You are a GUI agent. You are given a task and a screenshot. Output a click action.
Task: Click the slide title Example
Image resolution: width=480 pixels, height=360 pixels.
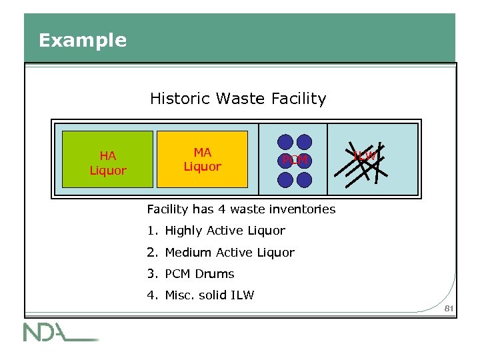82,41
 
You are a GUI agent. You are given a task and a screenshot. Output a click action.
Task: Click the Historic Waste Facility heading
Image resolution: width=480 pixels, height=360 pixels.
238,99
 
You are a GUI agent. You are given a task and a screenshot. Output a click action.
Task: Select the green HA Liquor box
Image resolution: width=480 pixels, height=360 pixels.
107,163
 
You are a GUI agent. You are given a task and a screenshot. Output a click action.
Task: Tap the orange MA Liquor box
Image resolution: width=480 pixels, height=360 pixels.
202,160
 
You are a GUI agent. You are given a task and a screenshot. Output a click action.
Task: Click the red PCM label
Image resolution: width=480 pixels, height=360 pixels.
295,161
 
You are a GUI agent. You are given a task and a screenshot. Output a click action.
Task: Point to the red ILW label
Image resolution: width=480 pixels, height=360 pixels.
364,156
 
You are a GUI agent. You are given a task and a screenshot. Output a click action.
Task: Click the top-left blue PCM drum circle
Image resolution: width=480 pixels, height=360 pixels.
285,142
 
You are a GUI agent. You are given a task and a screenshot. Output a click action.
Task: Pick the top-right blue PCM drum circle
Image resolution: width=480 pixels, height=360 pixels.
304,142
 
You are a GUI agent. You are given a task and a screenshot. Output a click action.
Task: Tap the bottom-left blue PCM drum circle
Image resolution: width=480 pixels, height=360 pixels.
285,179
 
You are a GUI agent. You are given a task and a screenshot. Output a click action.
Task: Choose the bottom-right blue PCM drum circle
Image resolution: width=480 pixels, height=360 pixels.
304,179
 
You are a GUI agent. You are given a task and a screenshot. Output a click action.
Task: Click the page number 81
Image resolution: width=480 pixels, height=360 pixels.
448,308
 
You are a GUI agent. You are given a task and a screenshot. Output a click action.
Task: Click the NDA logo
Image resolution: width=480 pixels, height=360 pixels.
60,331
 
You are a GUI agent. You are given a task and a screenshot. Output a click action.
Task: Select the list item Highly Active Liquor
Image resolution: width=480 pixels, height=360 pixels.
225,231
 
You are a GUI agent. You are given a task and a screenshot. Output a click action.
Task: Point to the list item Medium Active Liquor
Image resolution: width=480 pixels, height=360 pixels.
229,253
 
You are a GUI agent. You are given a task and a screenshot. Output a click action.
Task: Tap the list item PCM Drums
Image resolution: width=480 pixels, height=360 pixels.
199,274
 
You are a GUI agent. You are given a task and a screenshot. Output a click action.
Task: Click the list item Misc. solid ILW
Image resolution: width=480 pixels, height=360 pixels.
209,295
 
